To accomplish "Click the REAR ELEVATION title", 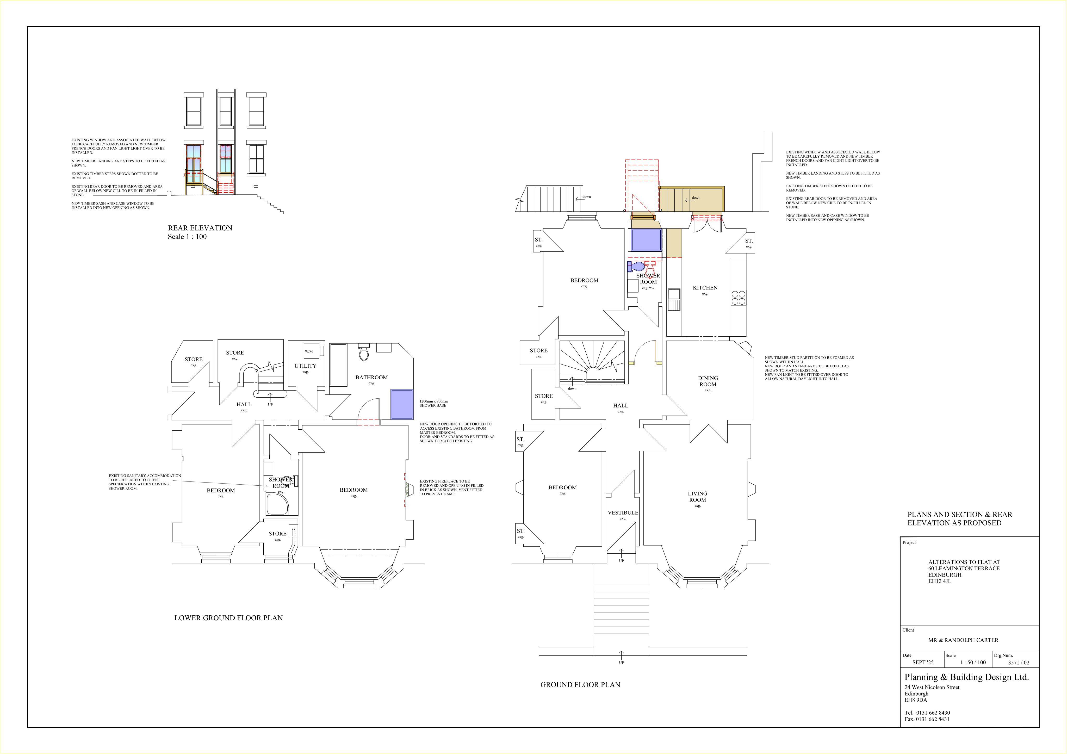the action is point(200,228).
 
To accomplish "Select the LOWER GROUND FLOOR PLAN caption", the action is point(229,618).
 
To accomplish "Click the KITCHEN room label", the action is point(705,288).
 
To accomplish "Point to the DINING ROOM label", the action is point(708,381).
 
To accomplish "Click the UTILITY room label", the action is point(305,366).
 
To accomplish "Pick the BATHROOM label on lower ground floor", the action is point(371,378).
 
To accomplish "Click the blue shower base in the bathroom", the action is point(402,404).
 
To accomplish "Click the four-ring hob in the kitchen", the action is point(739,298).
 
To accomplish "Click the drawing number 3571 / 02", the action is point(1019,663).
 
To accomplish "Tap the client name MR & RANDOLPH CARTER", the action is point(963,640).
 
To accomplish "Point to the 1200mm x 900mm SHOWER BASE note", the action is point(434,404).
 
